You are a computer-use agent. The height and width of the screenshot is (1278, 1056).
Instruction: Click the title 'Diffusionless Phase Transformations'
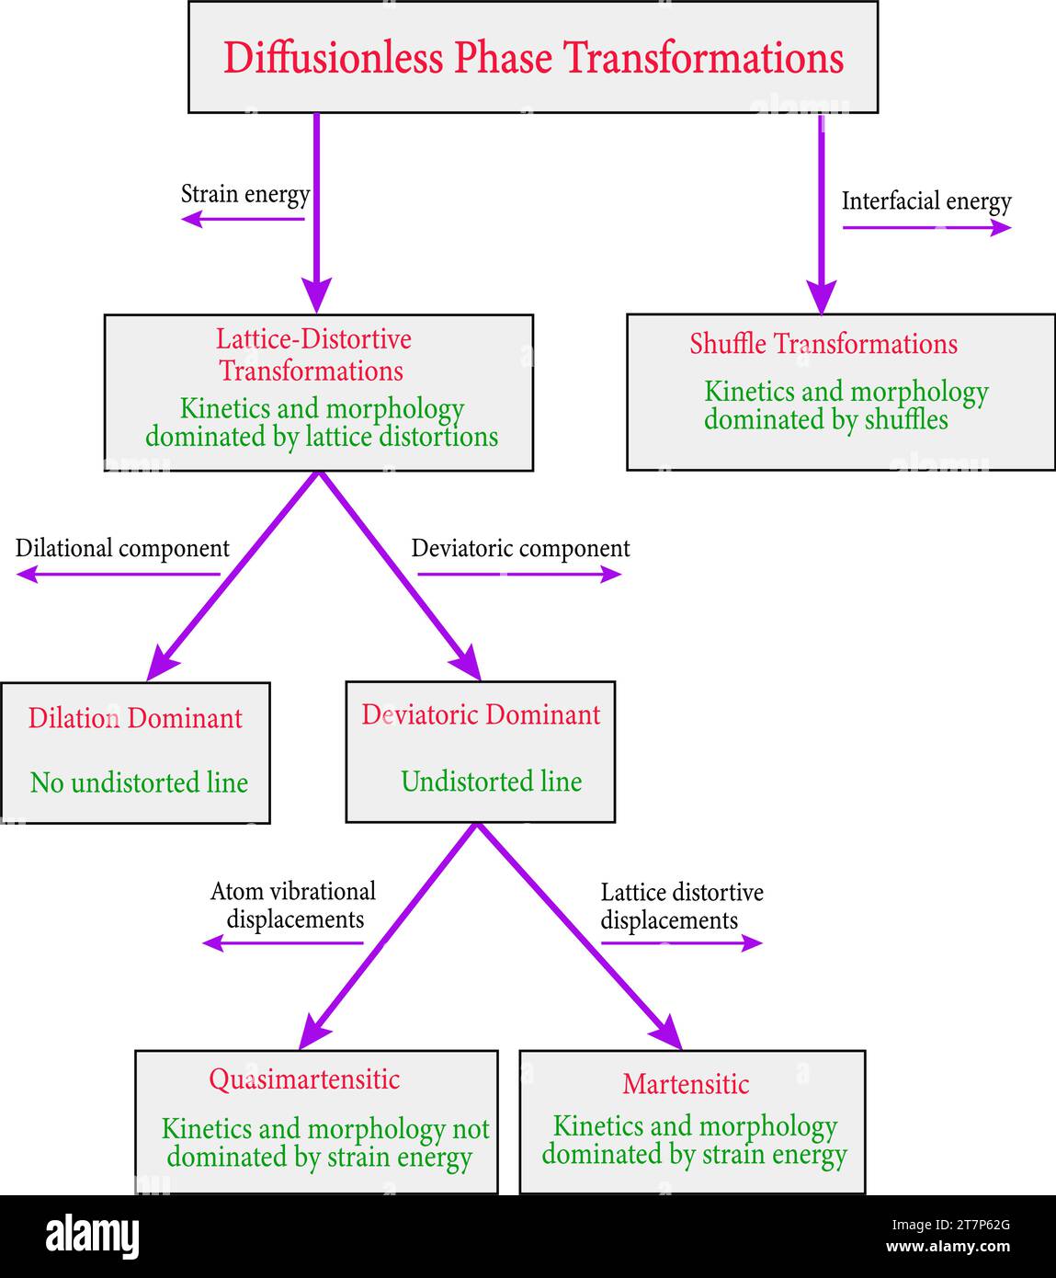pyautogui.click(x=533, y=58)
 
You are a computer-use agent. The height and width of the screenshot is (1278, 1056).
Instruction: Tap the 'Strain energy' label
pyautogui.click(x=245, y=194)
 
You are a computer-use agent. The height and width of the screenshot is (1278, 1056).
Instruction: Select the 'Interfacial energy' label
pyautogui.click(x=925, y=201)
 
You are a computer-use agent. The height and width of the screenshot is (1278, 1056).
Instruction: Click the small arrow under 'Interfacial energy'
pyautogui.click(x=926, y=228)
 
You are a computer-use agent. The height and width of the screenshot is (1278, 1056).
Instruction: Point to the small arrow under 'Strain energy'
pyautogui.click(x=243, y=219)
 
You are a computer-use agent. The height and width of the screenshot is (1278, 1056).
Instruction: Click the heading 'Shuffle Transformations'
pyautogui.click(x=823, y=344)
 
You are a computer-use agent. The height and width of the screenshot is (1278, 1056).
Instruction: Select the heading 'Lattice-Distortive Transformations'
pyautogui.click(x=313, y=355)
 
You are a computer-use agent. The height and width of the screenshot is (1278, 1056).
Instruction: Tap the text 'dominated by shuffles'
pyautogui.click(x=825, y=420)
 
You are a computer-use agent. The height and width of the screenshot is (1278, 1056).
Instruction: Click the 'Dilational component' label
pyautogui.click(x=122, y=548)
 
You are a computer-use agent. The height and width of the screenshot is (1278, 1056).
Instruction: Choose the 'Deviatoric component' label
pyautogui.click(x=520, y=548)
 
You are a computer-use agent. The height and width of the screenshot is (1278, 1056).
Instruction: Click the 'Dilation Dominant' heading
pyautogui.click(x=135, y=718)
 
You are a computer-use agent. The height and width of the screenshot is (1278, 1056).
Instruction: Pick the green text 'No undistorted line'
pyautogui.click(x=139, y=782)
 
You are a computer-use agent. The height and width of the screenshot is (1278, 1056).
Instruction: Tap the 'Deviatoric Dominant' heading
pyautogui.click(x=481, y=714)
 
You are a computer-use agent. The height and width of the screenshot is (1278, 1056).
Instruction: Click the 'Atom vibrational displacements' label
pyautogui.click(x=294, y=905)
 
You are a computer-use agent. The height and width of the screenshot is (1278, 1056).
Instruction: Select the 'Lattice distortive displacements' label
pyautogui.click(x=681, y=906)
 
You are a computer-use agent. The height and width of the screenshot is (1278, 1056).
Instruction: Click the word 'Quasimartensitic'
pyautogui.click(x=304, y=1078)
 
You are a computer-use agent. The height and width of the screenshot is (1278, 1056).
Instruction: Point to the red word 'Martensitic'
pyautogui.click(x=686, y=1084)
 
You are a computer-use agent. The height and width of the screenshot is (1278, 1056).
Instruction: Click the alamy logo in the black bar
pyautogui.click(x=92, y=1237)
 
